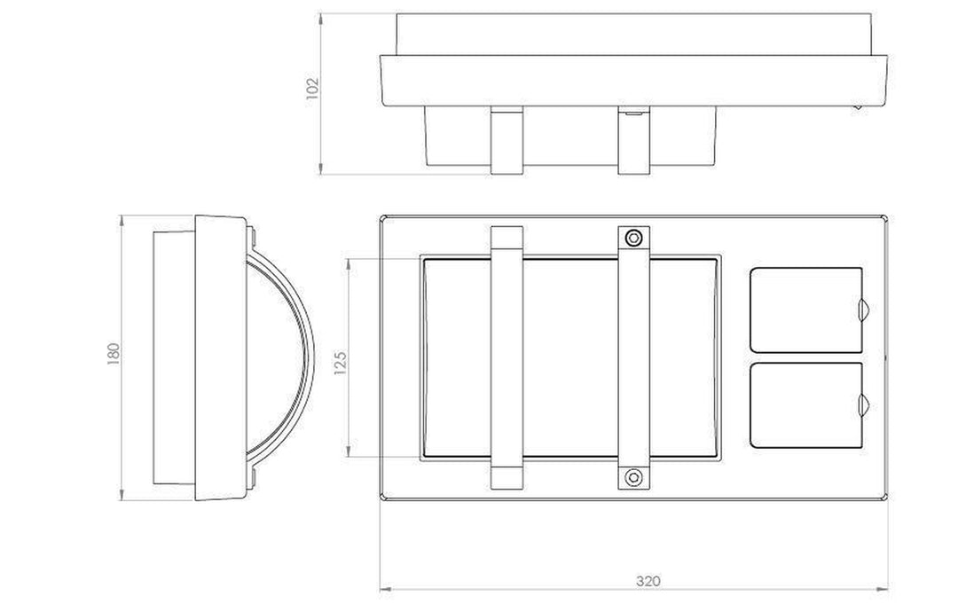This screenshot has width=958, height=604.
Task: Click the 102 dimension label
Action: pyautogui.click(x=312, y=88)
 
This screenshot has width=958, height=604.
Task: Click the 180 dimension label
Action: pyautogui.click(x=114, y=354)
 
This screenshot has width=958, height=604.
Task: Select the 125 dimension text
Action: pyautogui.click(x=341, y=362)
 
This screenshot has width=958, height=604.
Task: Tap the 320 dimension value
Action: pyautogui.click(x=648, y=581)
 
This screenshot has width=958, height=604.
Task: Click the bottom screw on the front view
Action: pyautogui.click(x=634, y=477)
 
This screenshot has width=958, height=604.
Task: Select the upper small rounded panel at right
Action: pyautogui.click(x=806, y=310)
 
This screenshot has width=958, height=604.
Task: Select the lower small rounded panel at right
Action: pyautogui.click(x=806, y=405)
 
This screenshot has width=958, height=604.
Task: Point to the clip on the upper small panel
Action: pyautogui.click(x=865, y=310)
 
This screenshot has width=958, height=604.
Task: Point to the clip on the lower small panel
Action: pyautogui.click(x=865, y=405)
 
